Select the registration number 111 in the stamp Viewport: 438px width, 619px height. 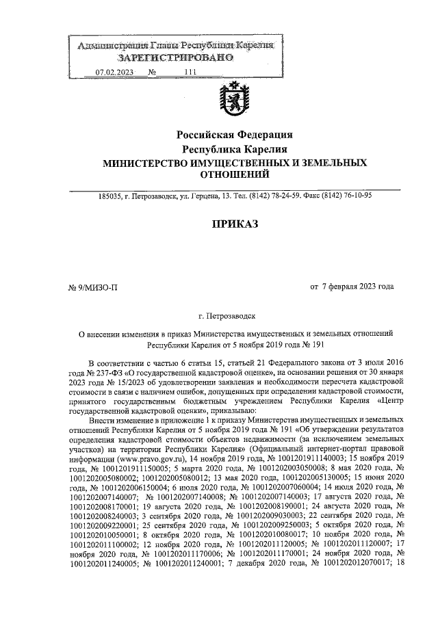[190, 72]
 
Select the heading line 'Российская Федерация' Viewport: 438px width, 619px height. [235, 135]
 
